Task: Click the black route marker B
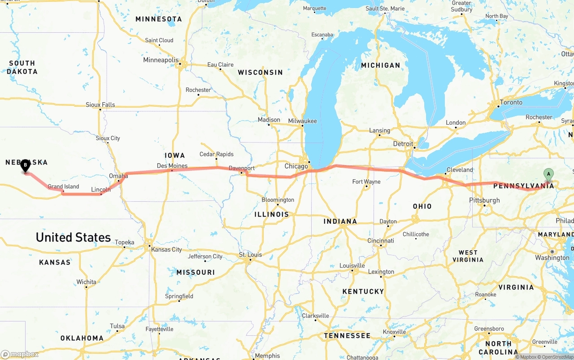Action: click(26, 165)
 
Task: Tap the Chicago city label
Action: click(296, 166)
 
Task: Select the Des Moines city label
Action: click(172, 166)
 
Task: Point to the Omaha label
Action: click(118, 176)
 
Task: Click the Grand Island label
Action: click(63, 187)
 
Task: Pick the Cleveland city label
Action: click(459, 170)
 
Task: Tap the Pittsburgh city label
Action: click(484, 200)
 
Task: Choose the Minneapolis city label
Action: click(161, 60)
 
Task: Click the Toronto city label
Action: click(511, 102)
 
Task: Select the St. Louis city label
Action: click(250, 255)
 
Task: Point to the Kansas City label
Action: click(166, 249)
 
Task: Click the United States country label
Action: click(73, 237)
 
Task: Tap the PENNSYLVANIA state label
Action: click(529, 186)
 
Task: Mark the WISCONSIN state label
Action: click(260, 72)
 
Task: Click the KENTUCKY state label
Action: click(363, 291)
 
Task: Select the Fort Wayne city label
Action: click(366, 182)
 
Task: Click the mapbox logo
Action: click(20, 354)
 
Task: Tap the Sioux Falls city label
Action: click(100, 104)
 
